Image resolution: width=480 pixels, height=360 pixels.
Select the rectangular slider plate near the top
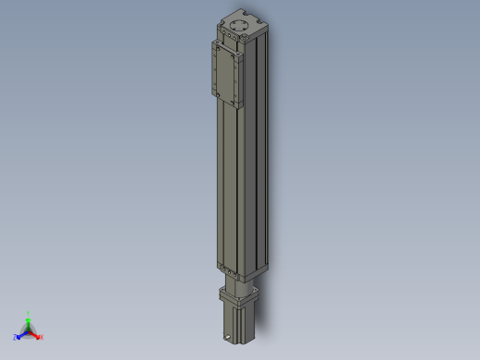tap(227, 74)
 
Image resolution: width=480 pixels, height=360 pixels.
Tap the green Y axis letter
tap(29, 314)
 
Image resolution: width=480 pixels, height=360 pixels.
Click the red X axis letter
tap(42, 338)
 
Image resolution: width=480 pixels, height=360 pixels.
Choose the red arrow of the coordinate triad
tap(35, 333)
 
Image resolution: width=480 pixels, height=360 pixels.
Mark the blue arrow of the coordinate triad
tap(21, 333)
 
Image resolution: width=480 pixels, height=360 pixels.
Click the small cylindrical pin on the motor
tap(229, 329)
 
